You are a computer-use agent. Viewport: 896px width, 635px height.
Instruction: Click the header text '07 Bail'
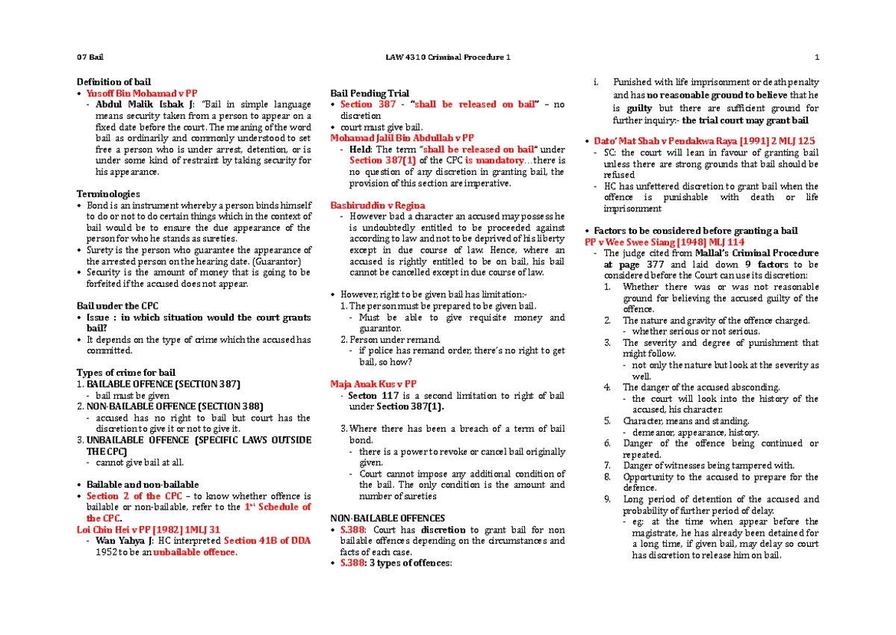90,58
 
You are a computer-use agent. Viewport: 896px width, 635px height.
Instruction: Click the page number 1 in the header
818,58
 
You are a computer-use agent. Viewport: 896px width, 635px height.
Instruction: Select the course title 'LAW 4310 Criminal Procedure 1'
447,58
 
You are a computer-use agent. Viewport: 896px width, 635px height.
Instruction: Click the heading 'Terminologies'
108,193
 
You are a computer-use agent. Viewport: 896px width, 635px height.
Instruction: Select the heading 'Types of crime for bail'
126,373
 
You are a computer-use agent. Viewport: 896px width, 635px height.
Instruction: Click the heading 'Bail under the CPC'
117,306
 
